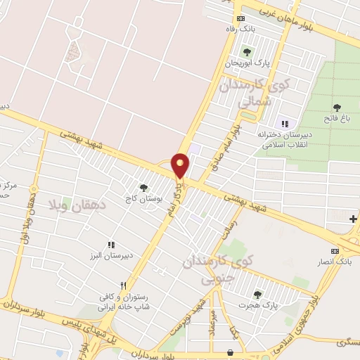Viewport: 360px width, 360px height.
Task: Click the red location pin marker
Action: tap(180, 165)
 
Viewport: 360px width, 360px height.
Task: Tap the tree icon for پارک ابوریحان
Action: tap(246, 51)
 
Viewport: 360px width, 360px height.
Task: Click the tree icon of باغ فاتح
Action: tap(337, 107)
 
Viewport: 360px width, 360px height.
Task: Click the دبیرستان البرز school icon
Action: tap(110, 245)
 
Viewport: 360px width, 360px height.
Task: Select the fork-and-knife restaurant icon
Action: tap(124, 285)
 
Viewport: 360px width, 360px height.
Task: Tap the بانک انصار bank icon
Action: tap(335, 251)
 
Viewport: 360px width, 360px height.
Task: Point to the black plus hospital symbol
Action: tap(352, 219)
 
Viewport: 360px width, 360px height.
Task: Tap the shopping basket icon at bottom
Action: tap(231, 352)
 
